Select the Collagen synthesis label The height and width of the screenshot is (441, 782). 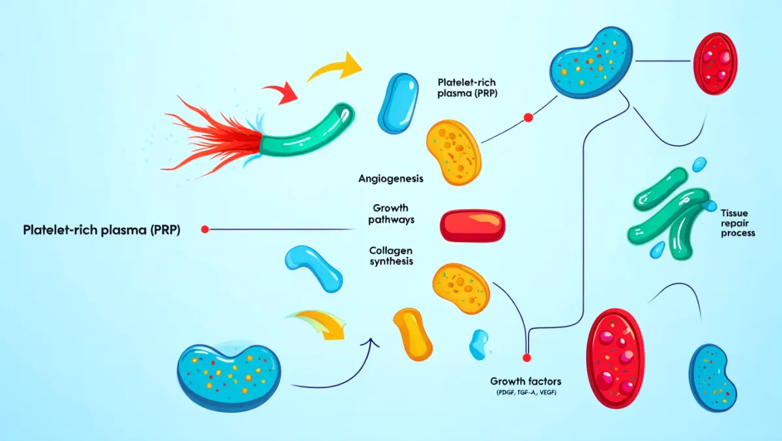click(x=391, y=255)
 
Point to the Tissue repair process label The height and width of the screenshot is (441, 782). click(x=738, y=223)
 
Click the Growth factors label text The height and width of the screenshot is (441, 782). click(x=525, y=381)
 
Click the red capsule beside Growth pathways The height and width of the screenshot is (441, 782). click(x=473, y=225)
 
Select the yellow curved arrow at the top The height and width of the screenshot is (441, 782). click(x=336, y=67)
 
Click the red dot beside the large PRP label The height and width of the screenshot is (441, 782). click(x=205, y=229)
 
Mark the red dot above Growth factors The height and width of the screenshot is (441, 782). click(x=527, y=358)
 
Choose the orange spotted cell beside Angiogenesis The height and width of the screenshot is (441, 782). click(x=454, y=151)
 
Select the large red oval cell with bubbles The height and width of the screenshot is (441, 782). click(x=615, y=358)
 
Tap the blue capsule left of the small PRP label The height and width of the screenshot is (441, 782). click(x=395, y=103)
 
